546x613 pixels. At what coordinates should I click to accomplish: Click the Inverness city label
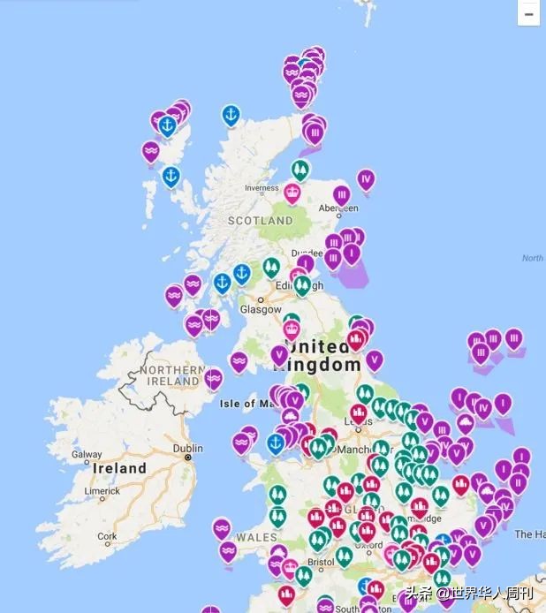click(262, 188)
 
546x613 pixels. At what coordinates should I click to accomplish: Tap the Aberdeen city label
click(339, 208)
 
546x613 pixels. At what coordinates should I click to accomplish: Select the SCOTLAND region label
click(261, 220)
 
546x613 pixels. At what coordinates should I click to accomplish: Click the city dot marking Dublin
click(188, 458)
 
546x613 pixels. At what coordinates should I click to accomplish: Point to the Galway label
click(87, 455)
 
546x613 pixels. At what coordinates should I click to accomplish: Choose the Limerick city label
click(102, 490)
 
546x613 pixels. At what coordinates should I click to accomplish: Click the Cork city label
click(107, 536)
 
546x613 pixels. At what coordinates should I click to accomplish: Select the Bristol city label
click(321, 561)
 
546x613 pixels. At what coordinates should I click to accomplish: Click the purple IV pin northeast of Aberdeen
click(366, 178)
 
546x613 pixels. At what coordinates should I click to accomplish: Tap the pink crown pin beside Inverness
click(292, 192)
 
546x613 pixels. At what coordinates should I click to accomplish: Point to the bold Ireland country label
click(120, 468)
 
